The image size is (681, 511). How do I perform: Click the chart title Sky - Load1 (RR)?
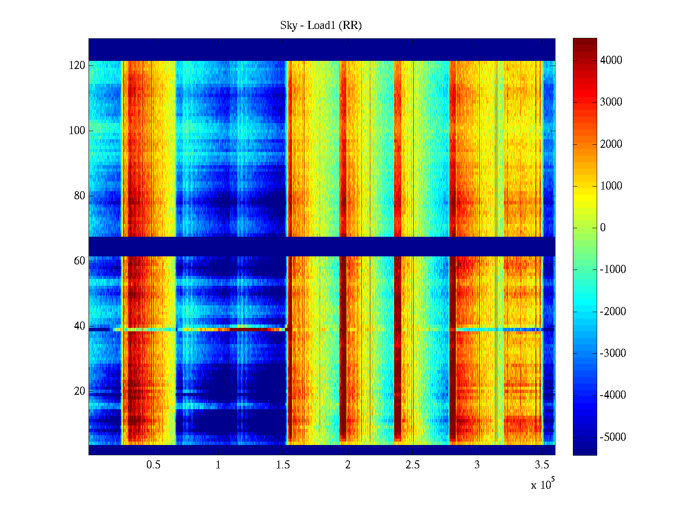[x=320, y=26]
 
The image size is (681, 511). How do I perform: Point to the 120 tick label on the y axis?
[x=77, y=66]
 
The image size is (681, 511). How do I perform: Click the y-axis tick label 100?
[x=77, y=131]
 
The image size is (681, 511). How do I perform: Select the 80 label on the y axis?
[x=80, y=196]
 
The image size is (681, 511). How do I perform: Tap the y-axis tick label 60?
[x=80, y=261]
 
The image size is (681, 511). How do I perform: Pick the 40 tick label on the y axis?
[x=80, y=326]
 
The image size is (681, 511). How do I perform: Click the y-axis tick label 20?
[x=80, y=391]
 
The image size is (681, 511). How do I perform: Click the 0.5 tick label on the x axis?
[x=153, y=465]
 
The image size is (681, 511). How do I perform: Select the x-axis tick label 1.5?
[x=283, y=465]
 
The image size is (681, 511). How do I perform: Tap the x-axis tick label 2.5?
[x=412, y=465]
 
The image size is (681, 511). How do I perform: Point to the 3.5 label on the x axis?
[x=541, y=465]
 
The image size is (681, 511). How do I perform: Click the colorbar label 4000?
[x=611, y=60]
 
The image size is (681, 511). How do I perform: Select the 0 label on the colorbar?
[x=603, y=228]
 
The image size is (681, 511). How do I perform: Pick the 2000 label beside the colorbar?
[x=611, y=144]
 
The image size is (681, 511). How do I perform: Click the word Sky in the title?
[x=288, y=26]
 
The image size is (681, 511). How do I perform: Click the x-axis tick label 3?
[x=477, y=465]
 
